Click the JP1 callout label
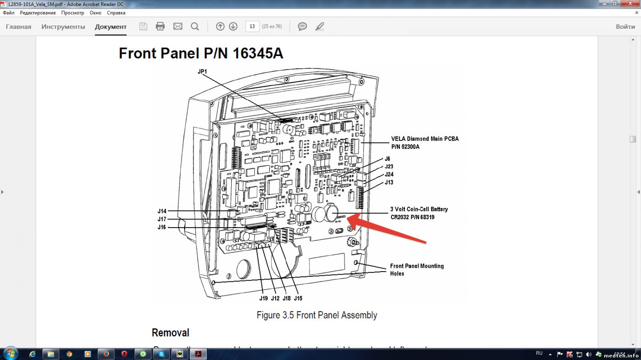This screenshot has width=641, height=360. pos(202,72)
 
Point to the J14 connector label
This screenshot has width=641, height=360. pos(162,211)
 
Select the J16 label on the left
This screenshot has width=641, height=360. pos(162,227)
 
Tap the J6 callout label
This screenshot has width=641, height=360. pos(387,159)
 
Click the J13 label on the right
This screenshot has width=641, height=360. pos(389,182)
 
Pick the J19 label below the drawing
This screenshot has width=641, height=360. pos(264,299)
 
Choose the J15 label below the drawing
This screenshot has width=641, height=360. pos(298,299)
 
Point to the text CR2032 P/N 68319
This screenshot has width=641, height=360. pos(412,217)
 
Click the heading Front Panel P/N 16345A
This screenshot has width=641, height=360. pos(201,53)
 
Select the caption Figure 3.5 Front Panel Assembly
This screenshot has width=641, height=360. pos(317,315)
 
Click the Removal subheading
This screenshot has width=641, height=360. pos(170,333)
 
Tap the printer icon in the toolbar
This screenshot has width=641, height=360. pos(160,26)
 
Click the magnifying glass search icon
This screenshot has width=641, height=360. pos(195,26)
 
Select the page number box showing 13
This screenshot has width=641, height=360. pos(252,26)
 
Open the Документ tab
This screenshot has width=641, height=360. pos(111,26)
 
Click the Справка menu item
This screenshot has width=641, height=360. pos(116,13)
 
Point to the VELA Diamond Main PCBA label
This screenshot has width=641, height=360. pos(425,139)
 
